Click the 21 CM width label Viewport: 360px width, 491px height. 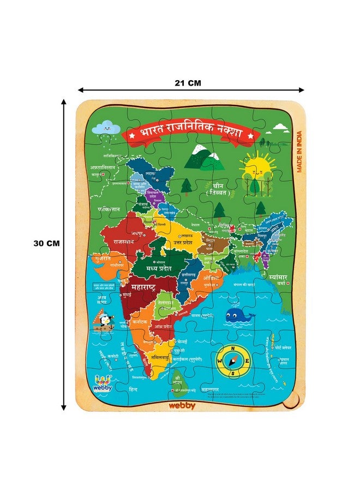(x=188, y=83)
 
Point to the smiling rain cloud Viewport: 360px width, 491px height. (x=106, y=127)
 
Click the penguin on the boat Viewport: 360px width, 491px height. (x=104, y=321)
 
